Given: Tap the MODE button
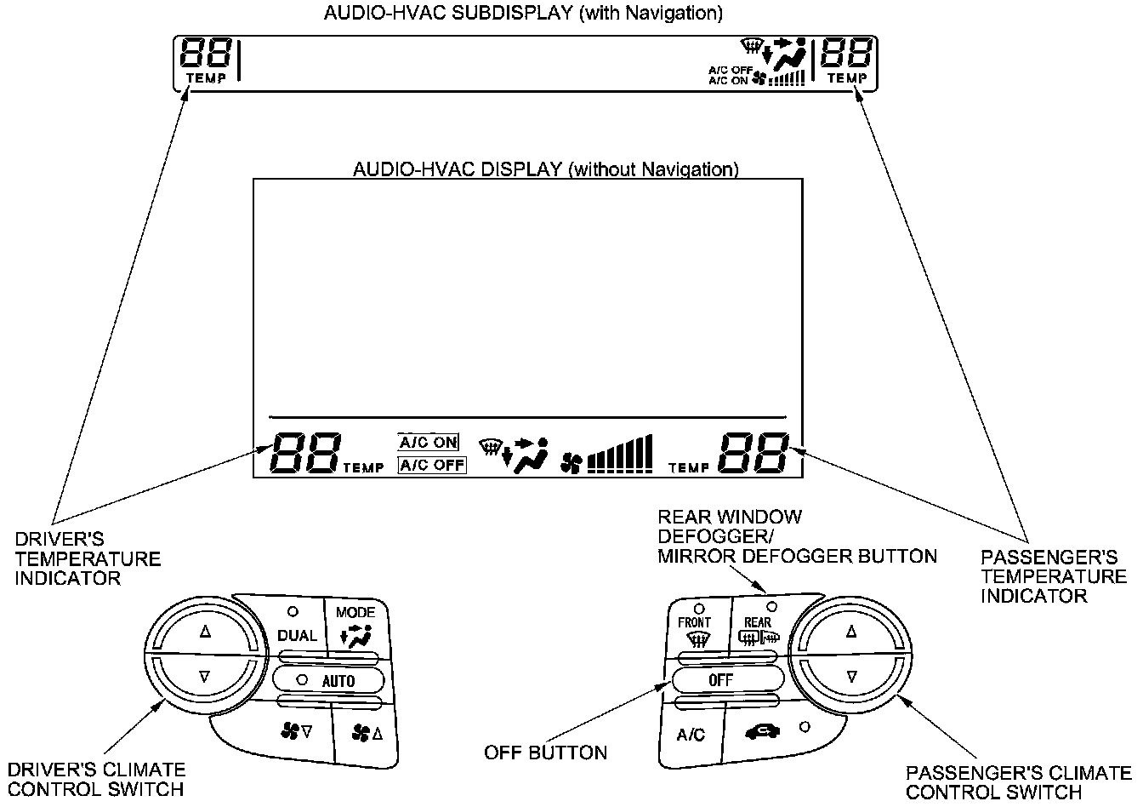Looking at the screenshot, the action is coord(356,627).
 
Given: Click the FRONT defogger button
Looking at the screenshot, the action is coord(698,627).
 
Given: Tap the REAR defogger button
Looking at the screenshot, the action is coord(759,627).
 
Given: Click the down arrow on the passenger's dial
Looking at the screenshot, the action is coord(851,677).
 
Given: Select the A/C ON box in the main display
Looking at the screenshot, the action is coord(428,443).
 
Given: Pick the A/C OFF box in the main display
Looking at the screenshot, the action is coord(432,466).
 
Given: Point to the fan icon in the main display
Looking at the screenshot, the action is coord(571,463).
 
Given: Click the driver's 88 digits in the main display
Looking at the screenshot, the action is coord(305,453).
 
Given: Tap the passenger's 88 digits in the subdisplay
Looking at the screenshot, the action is coord(845,52).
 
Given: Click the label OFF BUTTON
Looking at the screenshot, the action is coord(545,753).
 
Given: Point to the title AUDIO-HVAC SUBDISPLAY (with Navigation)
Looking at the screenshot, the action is coord(524,13).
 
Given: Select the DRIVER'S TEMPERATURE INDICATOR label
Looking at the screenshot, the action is coord(88,558).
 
